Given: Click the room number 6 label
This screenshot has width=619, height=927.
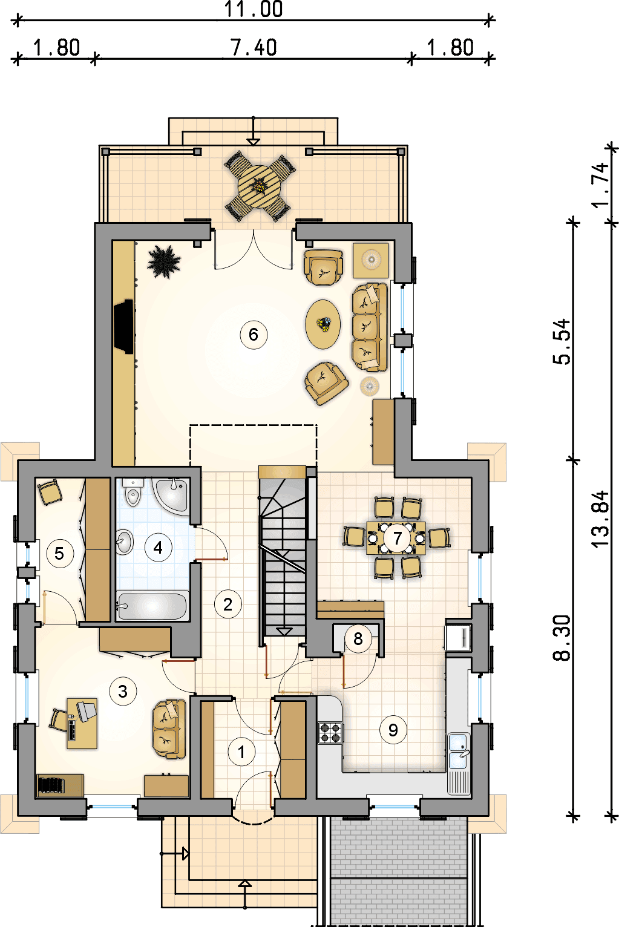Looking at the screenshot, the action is coord(253,335).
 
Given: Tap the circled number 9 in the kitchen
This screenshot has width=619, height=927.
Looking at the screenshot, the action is coord(393,730).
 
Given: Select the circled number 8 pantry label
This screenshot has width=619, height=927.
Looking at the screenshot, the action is coord(358,639).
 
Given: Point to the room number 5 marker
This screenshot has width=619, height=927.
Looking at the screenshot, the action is coord(59,554).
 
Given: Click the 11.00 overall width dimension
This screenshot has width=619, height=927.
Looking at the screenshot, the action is coord(253,9).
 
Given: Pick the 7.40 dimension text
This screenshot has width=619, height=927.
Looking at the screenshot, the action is coord(254,48).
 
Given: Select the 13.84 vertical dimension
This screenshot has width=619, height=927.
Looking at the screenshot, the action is coord(601,520).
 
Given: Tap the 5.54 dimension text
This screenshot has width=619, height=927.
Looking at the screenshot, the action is coord(562,342).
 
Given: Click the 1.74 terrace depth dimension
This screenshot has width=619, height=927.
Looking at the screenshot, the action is coord(601,185).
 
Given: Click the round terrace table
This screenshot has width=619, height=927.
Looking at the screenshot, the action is coord(260,186).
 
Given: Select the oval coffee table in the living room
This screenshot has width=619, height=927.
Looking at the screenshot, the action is coord(323,324).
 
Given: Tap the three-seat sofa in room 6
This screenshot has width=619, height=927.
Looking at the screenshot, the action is coord(369,327).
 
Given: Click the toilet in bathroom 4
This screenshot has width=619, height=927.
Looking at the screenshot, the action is coord(133,492).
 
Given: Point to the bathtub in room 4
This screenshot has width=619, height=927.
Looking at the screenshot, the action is coord(152,606).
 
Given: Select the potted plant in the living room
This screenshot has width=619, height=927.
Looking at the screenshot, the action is coord(164,262).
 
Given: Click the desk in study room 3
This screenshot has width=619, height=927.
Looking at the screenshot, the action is coord(82,724).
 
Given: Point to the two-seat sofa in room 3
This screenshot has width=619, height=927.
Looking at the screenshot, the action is coord(169,729).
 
